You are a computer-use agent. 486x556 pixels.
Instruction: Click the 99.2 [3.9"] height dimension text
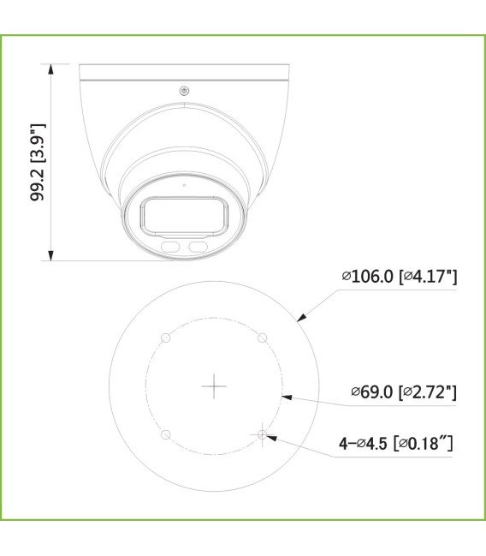point(38,162)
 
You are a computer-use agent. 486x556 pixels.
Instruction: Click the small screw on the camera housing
point(182,92)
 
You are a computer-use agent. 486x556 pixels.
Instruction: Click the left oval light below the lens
point(170,247)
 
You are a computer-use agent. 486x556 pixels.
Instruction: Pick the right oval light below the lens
point(199,247)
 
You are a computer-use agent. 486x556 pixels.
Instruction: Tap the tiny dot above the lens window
point(183,183)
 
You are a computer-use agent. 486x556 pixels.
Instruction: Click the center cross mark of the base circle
point(214,386)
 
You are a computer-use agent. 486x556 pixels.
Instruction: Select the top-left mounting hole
point(166,338)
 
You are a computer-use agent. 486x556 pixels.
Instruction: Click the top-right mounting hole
point(263,338)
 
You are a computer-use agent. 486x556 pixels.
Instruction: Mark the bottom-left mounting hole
point(166,435)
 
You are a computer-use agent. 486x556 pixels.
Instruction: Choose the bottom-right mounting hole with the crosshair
point(263,435)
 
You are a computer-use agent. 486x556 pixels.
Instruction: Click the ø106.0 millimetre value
point(367,276)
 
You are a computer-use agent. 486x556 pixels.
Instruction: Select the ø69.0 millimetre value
point(370,392)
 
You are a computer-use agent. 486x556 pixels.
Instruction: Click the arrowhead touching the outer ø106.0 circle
point(299,319)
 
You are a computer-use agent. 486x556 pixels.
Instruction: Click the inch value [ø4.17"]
point(430,276)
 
